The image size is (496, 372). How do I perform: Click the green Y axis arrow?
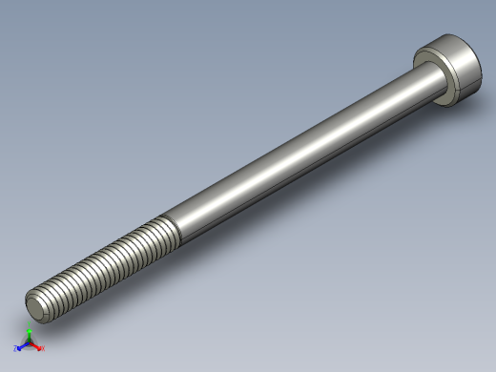tap(29, 332)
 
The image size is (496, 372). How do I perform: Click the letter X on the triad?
tap(42, 349)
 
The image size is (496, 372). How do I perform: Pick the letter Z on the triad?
tap(16, 349)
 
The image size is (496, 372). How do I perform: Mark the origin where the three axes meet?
tap(29, 343)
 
